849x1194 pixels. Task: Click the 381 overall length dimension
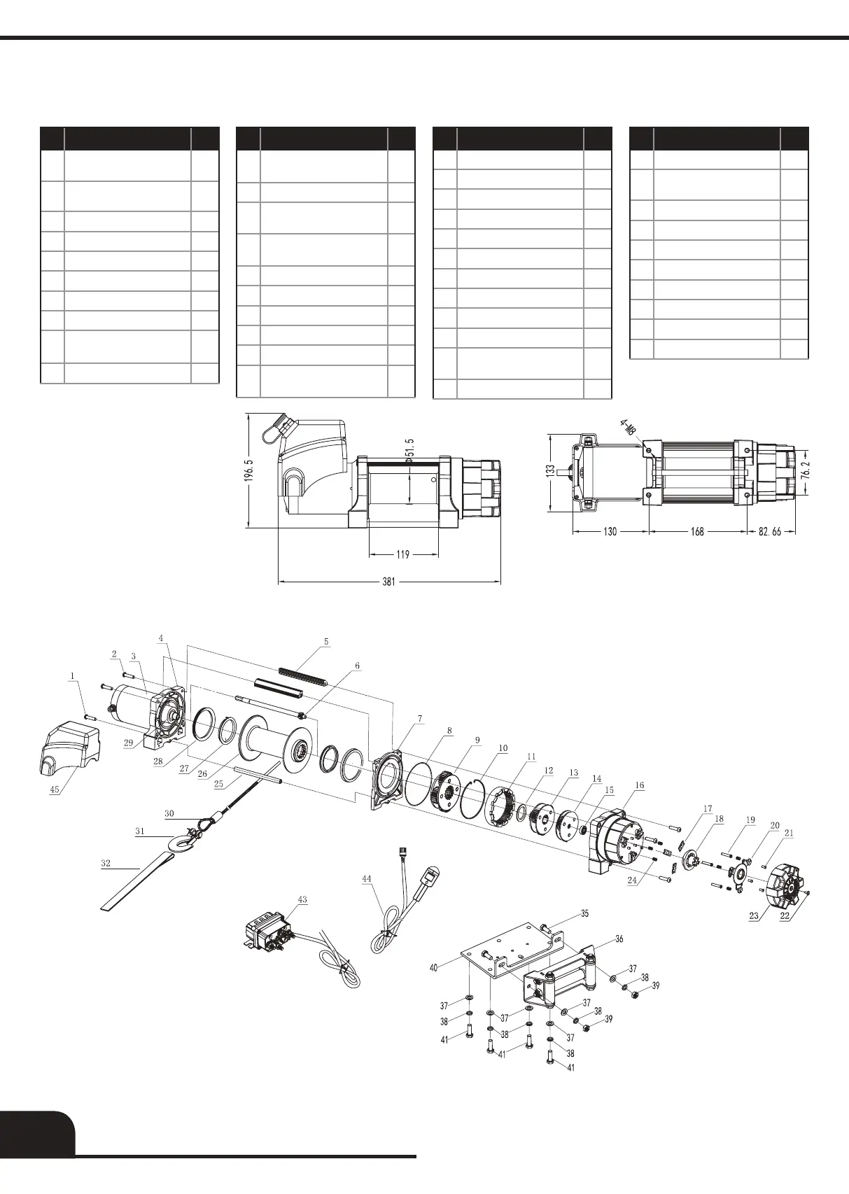point(389,581)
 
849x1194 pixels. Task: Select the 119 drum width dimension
point(402,555)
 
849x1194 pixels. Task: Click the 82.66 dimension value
point(773,532)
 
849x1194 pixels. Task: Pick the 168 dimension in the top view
point(697,532)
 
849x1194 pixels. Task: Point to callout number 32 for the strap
point(106,864)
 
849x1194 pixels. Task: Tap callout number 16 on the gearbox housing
point(640,785)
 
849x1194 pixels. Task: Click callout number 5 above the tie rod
point(325,641)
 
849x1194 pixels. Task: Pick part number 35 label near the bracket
point(584,913)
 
